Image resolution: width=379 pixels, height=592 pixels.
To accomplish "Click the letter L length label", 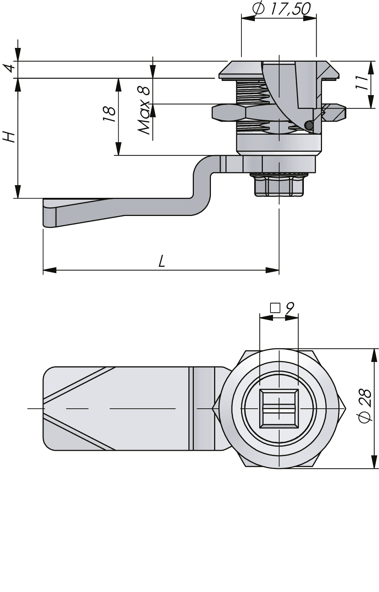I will click(x=162, y=261).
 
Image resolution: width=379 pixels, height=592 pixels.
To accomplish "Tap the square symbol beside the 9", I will click(x=276, y=309).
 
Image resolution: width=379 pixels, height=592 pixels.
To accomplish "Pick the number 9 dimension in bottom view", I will click(x=289, y=309).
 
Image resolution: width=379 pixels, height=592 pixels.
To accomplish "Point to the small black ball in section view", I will click(x=309, y=125).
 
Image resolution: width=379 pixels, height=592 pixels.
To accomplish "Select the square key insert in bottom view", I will click(x=279, y=408).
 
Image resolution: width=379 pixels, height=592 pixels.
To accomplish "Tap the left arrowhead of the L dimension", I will click(x=49, y=270).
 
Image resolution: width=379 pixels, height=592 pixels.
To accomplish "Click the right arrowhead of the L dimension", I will click(x=272, y=270).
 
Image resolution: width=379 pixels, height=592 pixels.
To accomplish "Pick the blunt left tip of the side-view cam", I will click(x=44, y=214).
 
